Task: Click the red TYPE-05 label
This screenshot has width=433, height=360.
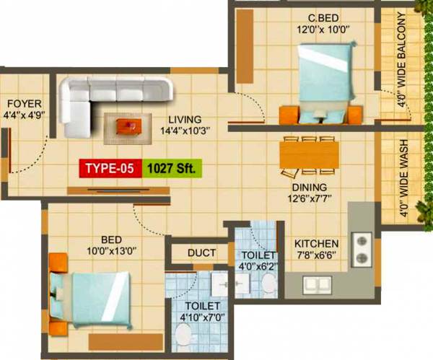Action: coord(110,169)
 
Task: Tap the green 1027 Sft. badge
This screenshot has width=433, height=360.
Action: coord(172,169)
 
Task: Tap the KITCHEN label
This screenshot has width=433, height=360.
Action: coord(317,242)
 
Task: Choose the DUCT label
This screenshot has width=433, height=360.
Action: coord(201,253)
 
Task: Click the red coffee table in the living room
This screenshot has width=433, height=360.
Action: coord(129,127)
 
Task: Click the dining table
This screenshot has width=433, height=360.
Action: coord(309,152)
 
